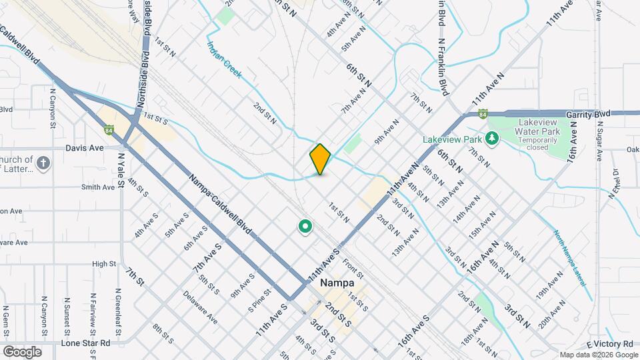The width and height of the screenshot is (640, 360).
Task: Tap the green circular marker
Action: click(x=305, y=227)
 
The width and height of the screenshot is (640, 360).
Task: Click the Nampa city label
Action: click(x=337, y=283)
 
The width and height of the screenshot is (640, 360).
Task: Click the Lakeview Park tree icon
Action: click(x=492, y=138)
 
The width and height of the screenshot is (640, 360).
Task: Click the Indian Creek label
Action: click(x=223, y=59)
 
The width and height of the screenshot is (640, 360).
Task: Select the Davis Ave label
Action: click(x=85, y=148)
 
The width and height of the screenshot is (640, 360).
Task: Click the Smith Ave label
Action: click(x=98, y=187)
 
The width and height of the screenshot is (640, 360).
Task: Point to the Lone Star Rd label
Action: click(x=85, y=343)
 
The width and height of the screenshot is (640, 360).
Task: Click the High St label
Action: click(x=104, y=264)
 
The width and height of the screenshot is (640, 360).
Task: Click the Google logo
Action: click(x=22, y=351)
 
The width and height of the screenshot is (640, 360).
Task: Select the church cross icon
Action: click(x=43, y=163)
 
